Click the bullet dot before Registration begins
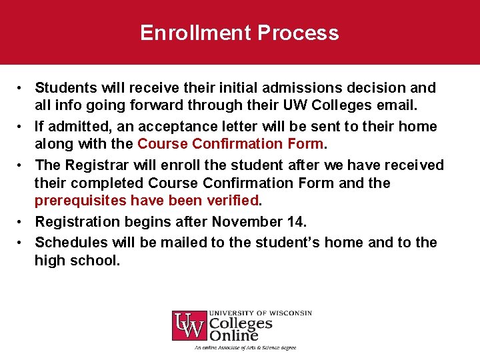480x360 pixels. [x=22, y=222]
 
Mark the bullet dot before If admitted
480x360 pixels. [x=22, y=127]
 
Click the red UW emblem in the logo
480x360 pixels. [x=189, y=326]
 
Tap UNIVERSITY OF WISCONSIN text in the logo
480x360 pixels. [x=261, y=313]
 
